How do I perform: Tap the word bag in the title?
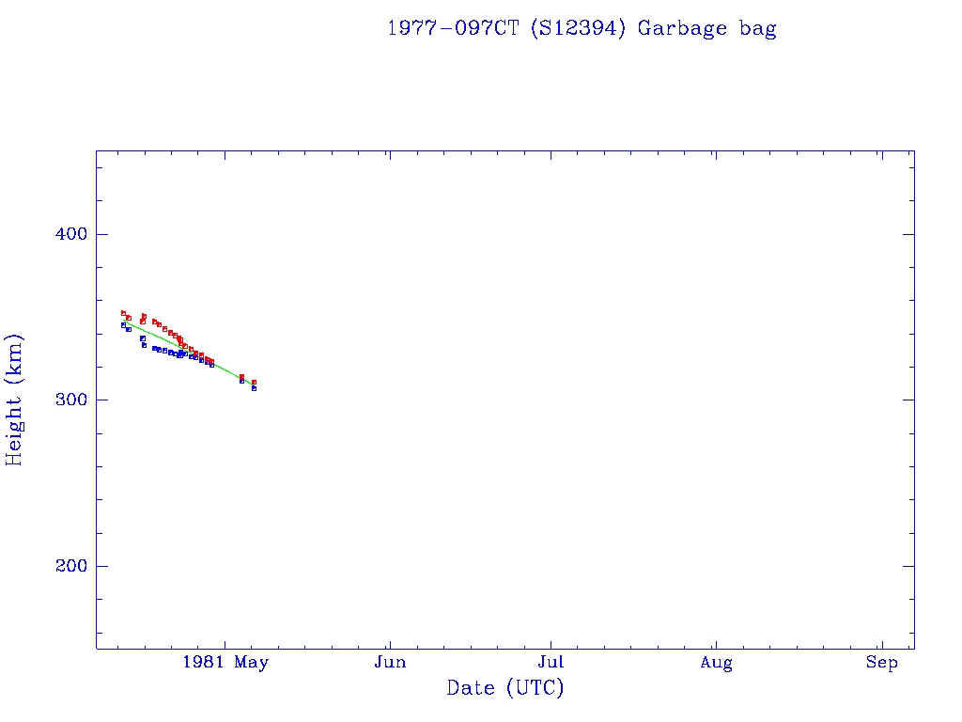[757, 28]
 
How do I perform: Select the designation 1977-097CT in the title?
[454, 28]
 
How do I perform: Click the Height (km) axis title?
[15, 400]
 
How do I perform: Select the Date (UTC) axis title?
[505, 688]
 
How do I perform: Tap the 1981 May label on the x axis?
[225, 663]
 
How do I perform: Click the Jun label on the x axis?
[389, 663]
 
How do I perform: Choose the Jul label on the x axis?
[551, 663]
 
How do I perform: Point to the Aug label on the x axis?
[716, 663]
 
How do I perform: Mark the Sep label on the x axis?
[882, 663]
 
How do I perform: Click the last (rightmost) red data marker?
[254, 383]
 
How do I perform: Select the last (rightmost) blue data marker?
[254, 388]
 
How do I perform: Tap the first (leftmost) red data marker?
[123, 313]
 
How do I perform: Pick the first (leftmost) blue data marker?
[123, 325]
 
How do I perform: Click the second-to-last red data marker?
[241, 376]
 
